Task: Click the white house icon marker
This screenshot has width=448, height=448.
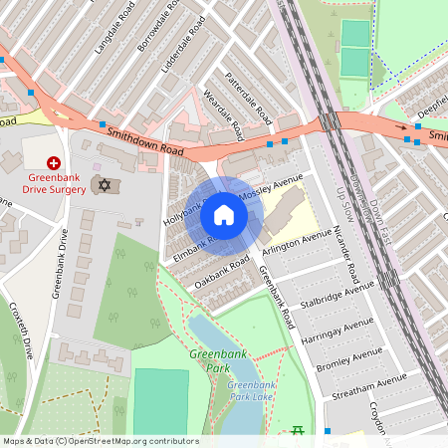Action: [x=224, y=215]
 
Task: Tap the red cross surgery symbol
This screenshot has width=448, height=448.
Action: [x=54, y=162]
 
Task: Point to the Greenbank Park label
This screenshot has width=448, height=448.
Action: [x=211, y=360]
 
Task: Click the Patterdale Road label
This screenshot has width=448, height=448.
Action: [x=249, y=98]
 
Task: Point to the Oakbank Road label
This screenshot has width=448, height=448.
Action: [x=222, y=273]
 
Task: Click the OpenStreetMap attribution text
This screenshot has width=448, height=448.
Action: [x=101, y=441]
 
